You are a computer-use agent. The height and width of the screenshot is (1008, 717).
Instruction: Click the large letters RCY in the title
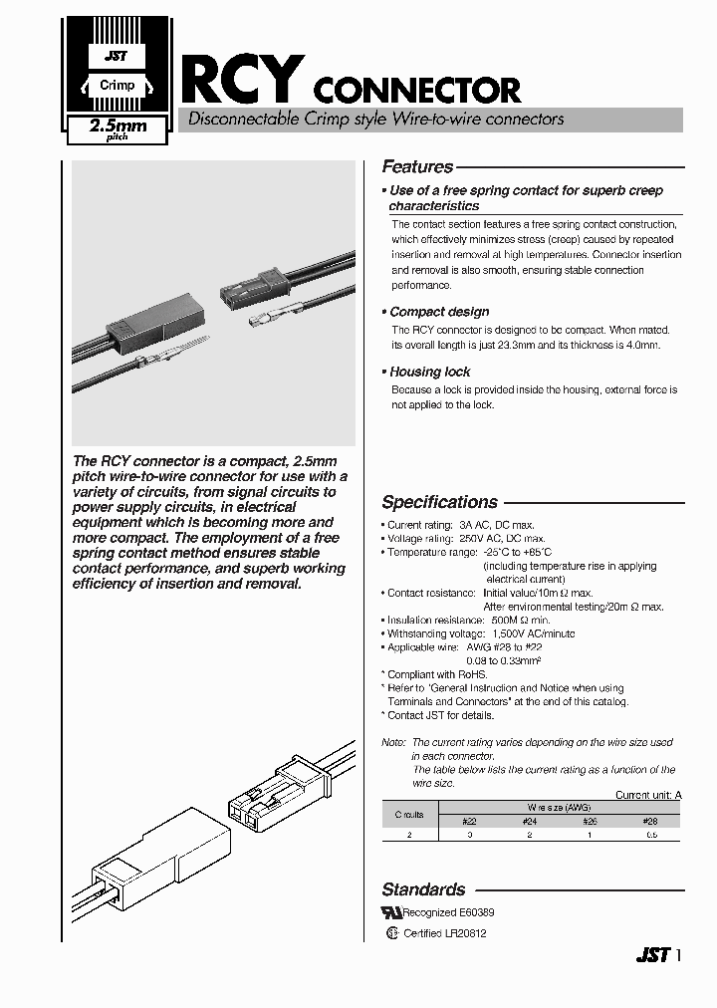coord(241,81)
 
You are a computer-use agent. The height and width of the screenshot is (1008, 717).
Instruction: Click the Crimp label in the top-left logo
coord(118,86)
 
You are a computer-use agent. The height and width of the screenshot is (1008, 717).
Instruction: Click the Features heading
coord(417,167)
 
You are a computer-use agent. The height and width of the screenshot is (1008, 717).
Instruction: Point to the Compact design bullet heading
coord(439,312)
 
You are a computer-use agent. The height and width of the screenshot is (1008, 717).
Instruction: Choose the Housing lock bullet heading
coord(430,372)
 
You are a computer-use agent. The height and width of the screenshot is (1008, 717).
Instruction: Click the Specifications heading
coord(439,502)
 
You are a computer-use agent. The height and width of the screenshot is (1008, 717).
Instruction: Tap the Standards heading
coord(423,889)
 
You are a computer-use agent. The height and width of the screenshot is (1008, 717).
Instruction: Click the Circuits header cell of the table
coord(409,814)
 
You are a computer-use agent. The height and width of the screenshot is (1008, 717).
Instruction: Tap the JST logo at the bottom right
coord(652,955)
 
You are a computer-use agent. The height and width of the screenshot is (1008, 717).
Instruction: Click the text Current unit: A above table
coord(647,795)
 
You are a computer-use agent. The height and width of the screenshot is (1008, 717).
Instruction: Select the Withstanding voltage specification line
coord(481,633)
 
